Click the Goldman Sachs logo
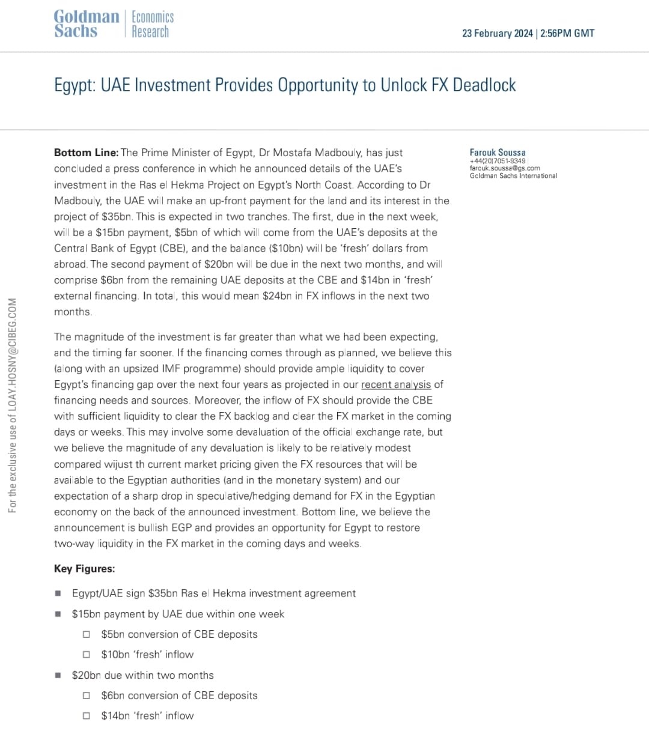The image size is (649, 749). pyautogui.click(x=86, y=24)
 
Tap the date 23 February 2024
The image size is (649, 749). pyautogui.click(x=497, y=34)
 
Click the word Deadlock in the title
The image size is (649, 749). pyautogui.click(x=484, y=85)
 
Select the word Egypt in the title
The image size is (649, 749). pyautogui.click(x=74, y=85)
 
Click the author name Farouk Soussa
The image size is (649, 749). pyautogui.click(x=498, y=153)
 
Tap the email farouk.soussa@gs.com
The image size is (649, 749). pyautogui.click(x=505, y=168)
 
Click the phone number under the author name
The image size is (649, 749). pyautogui.click(x=498, y=161)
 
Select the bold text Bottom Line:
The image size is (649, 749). pyautogui.click(x=86, y=153)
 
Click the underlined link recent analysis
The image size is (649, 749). pyautogui.click(x=396, y=384)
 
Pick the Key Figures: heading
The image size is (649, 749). pyautogui.click(x=84, y=569)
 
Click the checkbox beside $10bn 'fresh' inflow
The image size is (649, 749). pyautogui.click(x=87, y=655)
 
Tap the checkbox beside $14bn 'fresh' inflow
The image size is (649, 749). pyautogui.click(x=87, y=716)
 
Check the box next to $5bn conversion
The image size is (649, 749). pyautogui.click(x=87, y=634)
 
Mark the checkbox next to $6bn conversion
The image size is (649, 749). pyautogui.click(x=87, y=696)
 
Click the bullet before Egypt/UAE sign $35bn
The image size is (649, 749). pyautogui.click(x=58, y=593)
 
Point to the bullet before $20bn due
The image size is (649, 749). pyautogui.click(x=58, y=675)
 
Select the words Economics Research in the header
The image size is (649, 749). pyautogui.click(x=153, y=24)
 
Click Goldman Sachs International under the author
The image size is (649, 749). pyautogui.click(x=513, y=176)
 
